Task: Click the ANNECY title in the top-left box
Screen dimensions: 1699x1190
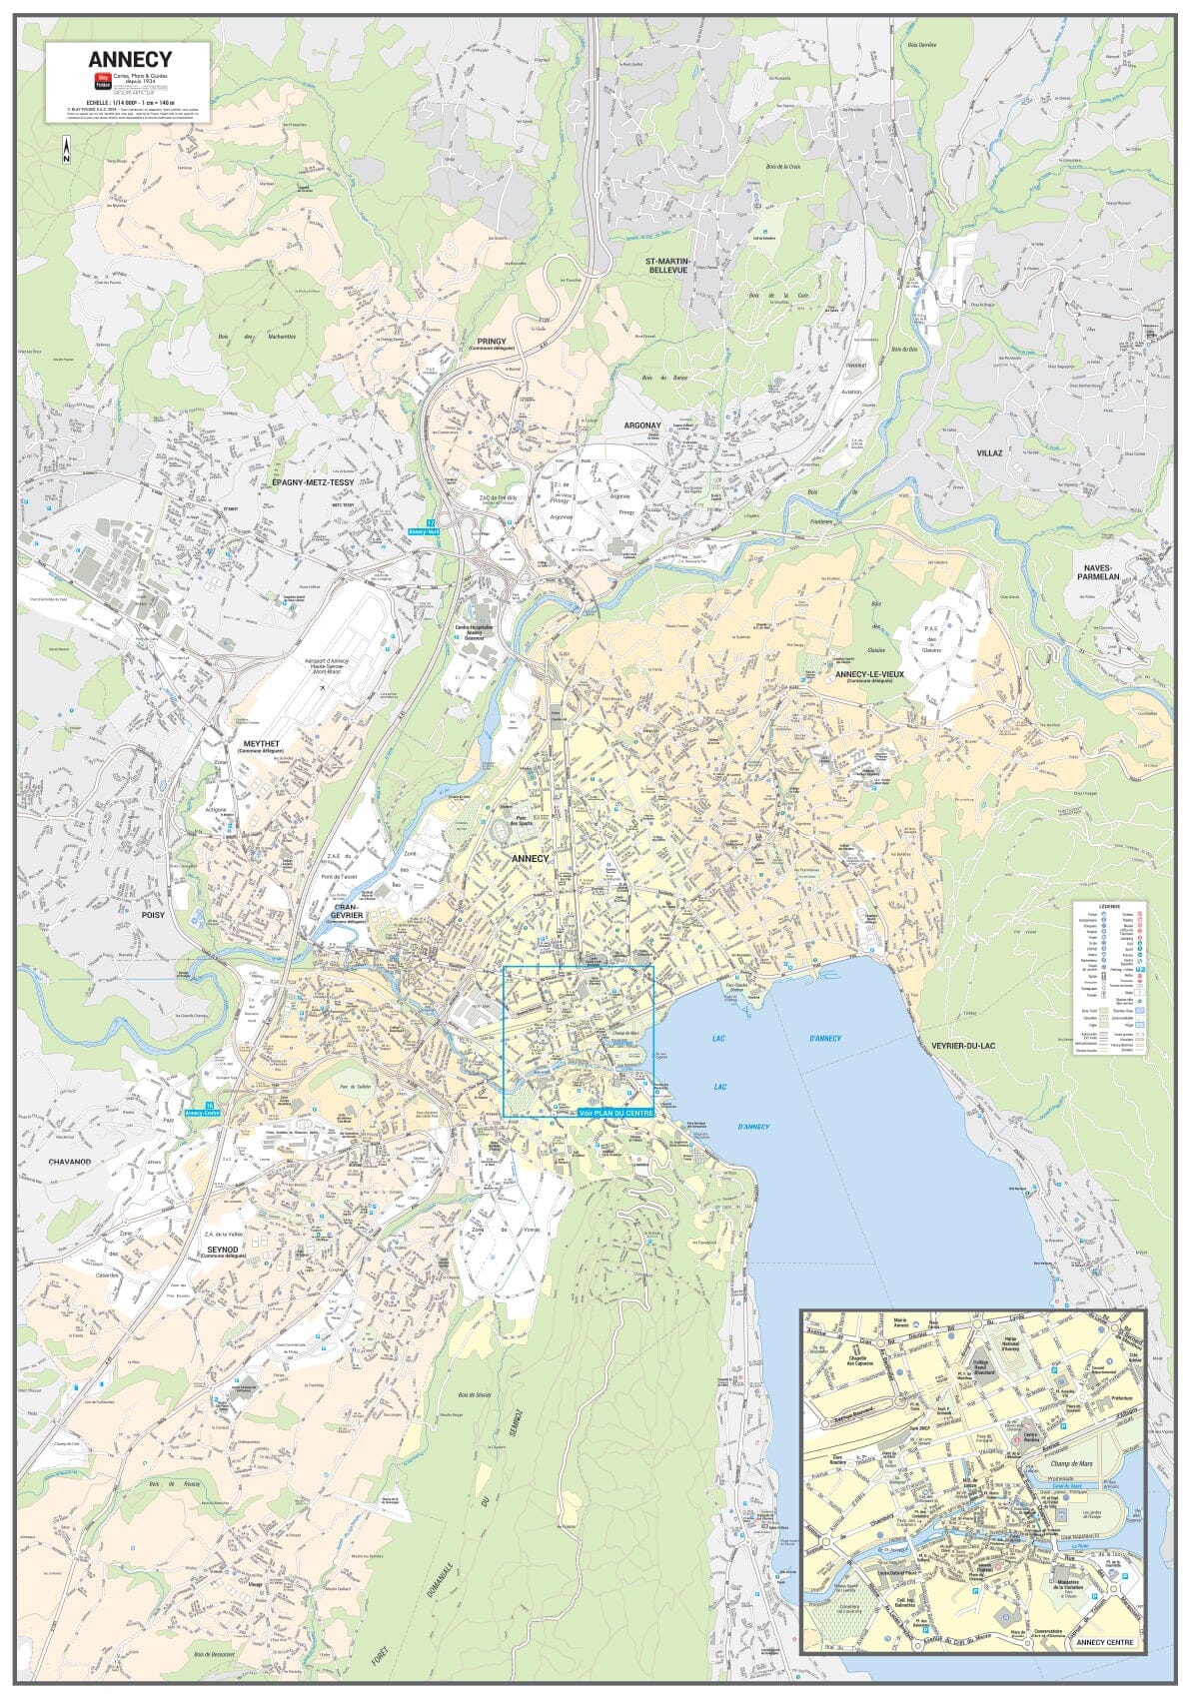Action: point(130,61)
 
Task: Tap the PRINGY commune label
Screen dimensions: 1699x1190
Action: point(492,341)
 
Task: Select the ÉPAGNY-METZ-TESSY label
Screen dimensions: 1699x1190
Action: point(313,481)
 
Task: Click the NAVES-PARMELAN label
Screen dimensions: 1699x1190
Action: point(1103,571)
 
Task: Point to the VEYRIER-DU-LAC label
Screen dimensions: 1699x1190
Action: point(964,1046)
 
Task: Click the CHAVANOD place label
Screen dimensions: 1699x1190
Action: point(70,1162)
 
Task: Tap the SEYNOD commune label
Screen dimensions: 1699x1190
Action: point(222,1249)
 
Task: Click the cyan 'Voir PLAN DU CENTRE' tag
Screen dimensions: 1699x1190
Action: point(615,1113)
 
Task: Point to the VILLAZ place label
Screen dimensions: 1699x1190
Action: point(989,451)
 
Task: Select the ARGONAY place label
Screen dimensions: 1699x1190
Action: point(642,425)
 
